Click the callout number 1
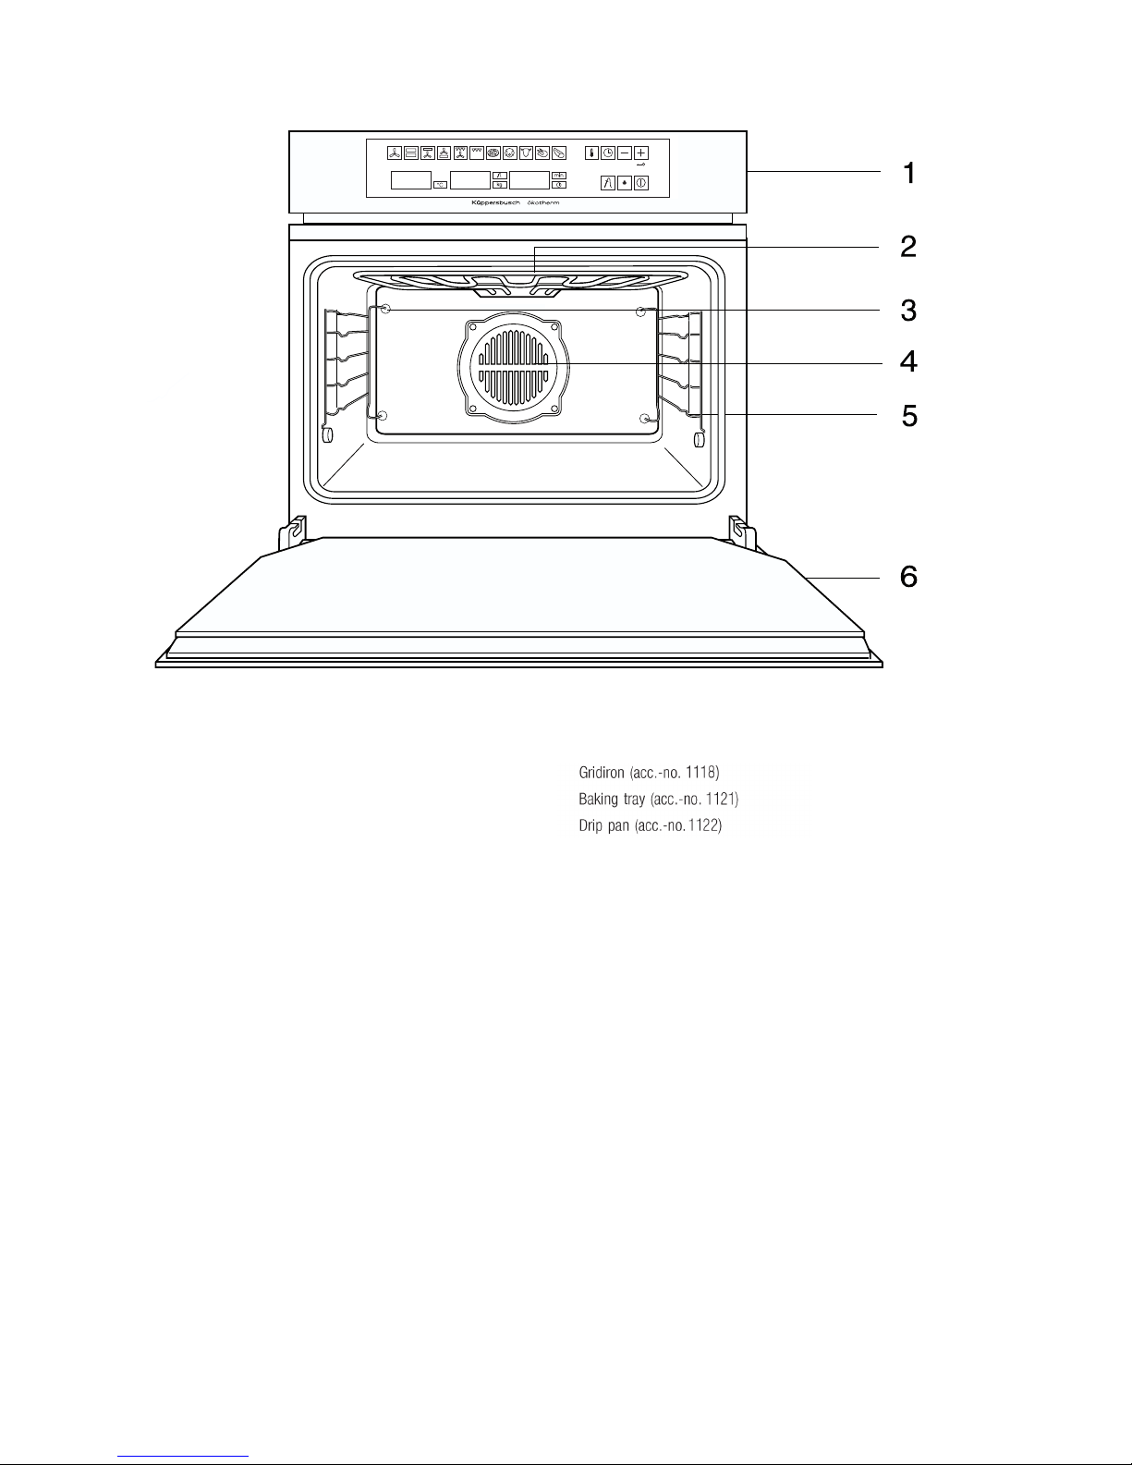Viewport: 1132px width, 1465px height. point(909,173)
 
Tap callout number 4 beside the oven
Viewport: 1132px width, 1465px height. point(909,360)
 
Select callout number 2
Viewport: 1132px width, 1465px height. point(909,247)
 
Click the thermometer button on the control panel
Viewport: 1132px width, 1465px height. point(592,153)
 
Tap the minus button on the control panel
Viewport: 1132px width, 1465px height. point(626,153)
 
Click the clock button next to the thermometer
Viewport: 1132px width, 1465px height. point(609,153)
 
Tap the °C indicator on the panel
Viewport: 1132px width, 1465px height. point(440,184)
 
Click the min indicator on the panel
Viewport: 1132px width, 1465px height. point(559,175)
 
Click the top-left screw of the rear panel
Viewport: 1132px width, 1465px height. point(386,311)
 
